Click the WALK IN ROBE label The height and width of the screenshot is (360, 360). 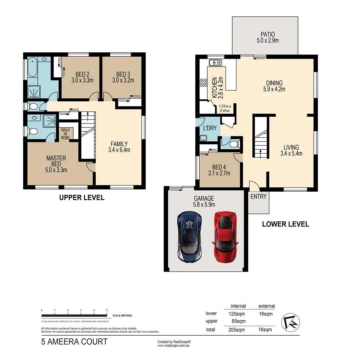[65, 134]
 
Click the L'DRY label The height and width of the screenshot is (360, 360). [210, 128]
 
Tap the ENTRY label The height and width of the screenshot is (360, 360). [258, 197]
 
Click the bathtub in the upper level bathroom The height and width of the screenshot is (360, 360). [33, 71]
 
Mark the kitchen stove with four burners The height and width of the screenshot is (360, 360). [203, 83]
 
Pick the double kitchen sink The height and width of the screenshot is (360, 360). [215, 62]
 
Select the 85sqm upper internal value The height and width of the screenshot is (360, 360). [238, 321]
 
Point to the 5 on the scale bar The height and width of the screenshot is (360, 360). [107, 310]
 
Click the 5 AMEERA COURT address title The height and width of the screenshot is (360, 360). [74, 342]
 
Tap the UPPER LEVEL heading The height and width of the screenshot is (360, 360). [82, 198]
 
